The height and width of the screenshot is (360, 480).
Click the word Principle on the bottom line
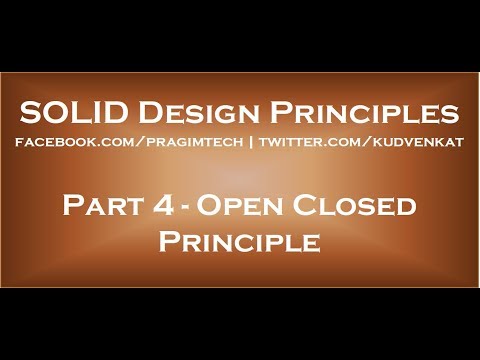[x=239, y=243]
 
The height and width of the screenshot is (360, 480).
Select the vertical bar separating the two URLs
[x=250, y=144]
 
